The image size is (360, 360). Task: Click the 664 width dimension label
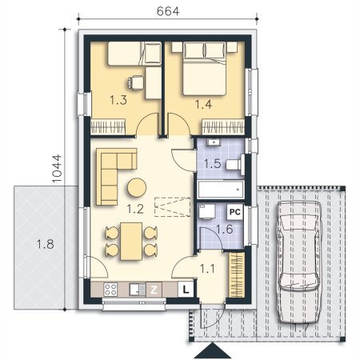pyautogui.click(x=168, y=11)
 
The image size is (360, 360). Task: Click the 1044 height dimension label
pyautogui.click(x=57, y=169)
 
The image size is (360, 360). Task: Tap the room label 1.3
pyautogui.click(x=118, y=100)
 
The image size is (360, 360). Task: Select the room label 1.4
pyautogui.click(x=203, y=104)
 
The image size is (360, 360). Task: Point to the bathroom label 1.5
pyautogui.click(x=213, y=163)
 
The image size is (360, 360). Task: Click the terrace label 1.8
pyautogui.click(x=45, y=244)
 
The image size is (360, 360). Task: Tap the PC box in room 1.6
pyautogui.click(x=235, y=212)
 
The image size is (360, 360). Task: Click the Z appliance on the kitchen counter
pyautogui.click(x=154, y=290)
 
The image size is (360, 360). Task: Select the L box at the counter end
pyautogui.click(x=186, y=290)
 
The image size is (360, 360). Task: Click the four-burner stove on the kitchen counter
pyautogui.click(x=110, y=290)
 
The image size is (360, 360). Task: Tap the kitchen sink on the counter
pyautogui.click(x=138, y=290)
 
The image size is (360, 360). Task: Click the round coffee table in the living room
pyautogui.click(x=137, y=187)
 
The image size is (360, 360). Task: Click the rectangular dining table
pyautogui.click(x=131, y=242)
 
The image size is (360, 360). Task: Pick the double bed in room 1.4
pyautogui.click(x=205, y=68)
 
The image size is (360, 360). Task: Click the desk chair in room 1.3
pyautogui.click(x=135, y=82)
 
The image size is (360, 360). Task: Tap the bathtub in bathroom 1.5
pyautogui.click(x=221, y=190)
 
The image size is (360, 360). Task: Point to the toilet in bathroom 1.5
pyautogui.click(x=235, y=165)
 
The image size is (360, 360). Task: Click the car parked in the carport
pyautogui.click(x=298, y=262)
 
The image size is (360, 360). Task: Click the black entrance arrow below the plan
pyautogui.click(x=213, y=350)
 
